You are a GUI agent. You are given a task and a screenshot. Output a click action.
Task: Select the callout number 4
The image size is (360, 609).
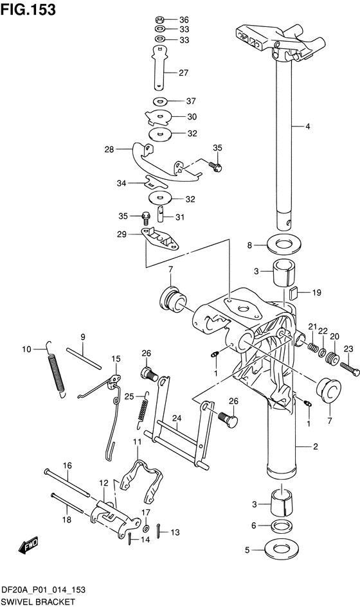(326, 127)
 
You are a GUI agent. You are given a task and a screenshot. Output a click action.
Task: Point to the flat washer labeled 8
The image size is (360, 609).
(280, 245)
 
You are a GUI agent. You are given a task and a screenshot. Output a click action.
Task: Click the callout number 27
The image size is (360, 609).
(183, 73)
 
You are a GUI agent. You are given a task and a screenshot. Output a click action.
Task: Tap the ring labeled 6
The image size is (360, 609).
(280, 526)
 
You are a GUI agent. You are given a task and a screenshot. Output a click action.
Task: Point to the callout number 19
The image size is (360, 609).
(316, 293)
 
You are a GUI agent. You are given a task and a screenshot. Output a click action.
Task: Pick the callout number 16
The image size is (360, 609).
(66, 465)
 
